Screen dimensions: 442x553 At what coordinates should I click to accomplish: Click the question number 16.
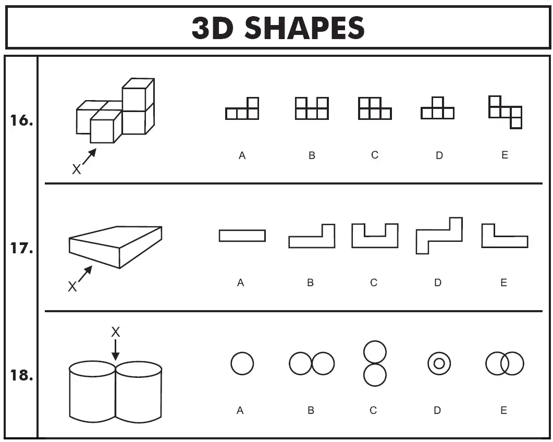(x=22, y=121)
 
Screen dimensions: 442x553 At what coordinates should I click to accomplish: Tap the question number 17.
(x=22, y=249)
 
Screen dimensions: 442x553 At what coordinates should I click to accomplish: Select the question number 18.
(x=22, y=375)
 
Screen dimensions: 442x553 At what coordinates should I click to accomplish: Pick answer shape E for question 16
(x=505, y=112)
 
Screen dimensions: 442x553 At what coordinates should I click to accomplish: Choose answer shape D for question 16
(x=438, y=108)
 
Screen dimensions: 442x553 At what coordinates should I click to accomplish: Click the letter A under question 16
(x=242, y=155)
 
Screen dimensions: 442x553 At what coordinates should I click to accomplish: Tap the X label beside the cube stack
(x=76, y=169)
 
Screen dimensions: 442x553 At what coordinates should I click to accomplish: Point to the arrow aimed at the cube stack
(x=89, y=157)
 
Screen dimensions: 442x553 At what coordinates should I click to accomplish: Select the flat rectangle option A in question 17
(x=242, y=236)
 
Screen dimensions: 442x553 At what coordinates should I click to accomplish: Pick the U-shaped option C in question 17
(x=375, y=235)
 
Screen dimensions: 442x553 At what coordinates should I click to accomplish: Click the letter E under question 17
(x=503, y=283)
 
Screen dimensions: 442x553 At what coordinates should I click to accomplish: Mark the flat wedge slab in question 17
(x=116, y=245)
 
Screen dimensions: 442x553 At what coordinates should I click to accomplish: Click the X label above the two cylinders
(x=116, y=332)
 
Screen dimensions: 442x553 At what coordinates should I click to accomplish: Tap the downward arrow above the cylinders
(x=116, y=350)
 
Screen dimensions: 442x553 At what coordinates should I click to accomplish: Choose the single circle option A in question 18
(x=242, y=363)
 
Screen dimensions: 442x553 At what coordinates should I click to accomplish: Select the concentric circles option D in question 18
(x=439, y=363)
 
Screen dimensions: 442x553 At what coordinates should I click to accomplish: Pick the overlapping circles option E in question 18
(x=505, y=363)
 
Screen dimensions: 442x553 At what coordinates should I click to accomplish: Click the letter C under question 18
(x=373, y=411)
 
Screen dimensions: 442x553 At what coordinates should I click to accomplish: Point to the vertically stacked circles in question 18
(x=375, y=363)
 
